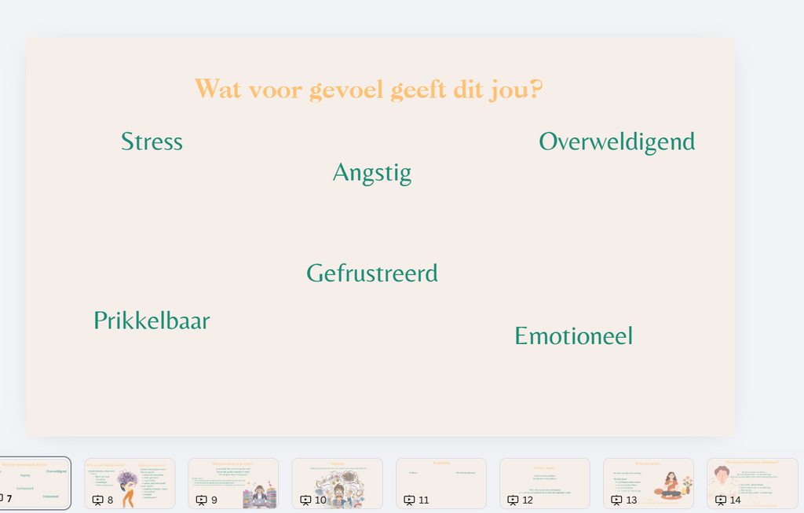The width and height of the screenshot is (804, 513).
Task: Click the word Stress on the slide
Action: pos(152,141)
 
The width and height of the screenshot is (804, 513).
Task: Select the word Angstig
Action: pos(371,173)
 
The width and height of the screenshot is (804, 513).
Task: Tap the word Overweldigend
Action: pos(616,141)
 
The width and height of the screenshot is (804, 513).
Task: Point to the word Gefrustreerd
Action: pos(371,273)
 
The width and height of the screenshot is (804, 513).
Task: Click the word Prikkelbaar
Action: pos(152,321)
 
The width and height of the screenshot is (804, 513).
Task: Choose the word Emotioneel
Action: pos(573,336)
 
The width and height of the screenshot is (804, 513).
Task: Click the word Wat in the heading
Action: pos(216,90)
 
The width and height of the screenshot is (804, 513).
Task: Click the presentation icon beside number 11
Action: pos(409,500)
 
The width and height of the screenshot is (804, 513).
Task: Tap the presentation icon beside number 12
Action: pos(513,500)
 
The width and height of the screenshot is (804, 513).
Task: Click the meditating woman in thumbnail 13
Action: pos(671,484)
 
